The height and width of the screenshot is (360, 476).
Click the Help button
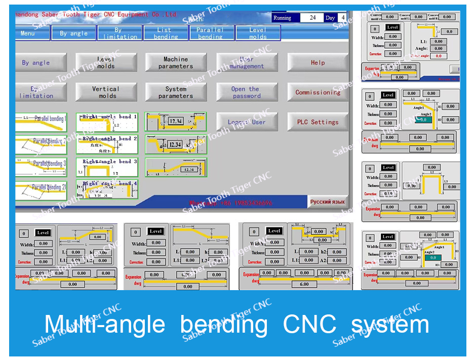click(x=318, y=62)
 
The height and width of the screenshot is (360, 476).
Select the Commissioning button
click(x=318, y=92)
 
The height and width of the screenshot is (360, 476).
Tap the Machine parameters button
click(x=176, y=62)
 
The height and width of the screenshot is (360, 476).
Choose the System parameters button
click(x=176, y=92)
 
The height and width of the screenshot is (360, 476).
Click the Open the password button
click(x=247, y=92)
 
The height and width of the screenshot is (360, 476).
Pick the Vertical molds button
click(x=106, y=92)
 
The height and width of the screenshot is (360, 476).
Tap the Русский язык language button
click(x=328, y=202)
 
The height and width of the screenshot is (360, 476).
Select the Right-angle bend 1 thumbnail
click(x=107, y=122)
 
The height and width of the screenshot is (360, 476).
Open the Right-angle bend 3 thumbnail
click(x=107, y=167)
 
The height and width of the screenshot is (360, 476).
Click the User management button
click(x=247, y=62)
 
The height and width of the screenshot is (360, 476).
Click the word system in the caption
click(x=390, y=325)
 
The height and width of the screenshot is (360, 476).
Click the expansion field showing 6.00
click(x=304, y=284)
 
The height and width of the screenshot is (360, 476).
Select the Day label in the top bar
click(x=330, y=18)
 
